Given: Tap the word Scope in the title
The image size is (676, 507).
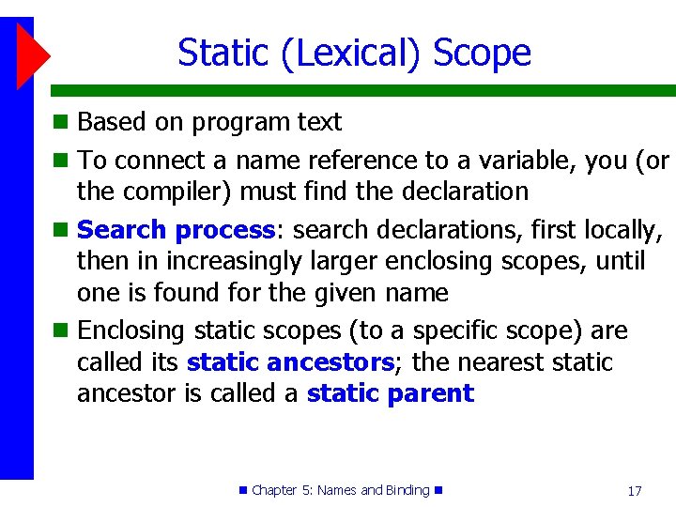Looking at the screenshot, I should click(x=482, y=53).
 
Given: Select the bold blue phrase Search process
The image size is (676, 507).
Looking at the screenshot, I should click(x=176, y=229).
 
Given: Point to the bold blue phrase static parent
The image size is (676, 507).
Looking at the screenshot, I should click(x=390, y=392).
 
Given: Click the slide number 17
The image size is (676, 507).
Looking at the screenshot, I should click(x=634, y=491).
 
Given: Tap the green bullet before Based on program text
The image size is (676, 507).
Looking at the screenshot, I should click(x=60, y=122).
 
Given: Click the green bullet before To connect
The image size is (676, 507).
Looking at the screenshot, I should click(x=60, y=161).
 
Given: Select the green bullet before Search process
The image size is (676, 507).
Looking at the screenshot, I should click(x=60, y=230).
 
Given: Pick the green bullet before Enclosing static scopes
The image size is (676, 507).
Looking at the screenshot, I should click(x=60, y=331).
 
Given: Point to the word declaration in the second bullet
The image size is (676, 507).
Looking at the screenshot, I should click(x=465, y=192).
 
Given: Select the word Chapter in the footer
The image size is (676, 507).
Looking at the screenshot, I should click(x=274, y=490).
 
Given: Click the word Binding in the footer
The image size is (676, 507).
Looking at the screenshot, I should click(x=407, y=490).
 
